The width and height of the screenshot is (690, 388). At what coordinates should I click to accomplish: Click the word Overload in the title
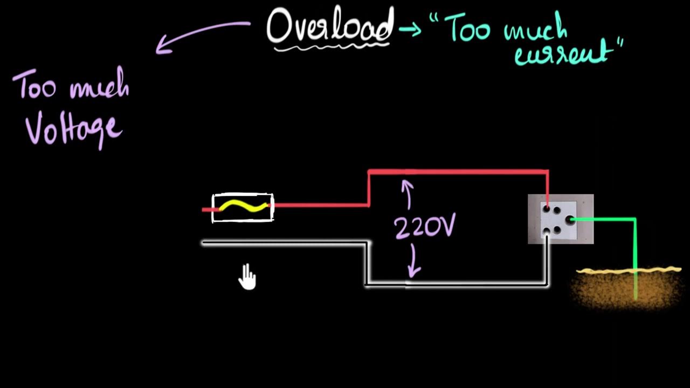click(330, 27)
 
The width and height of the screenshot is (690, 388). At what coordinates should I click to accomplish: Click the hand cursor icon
click(247, 277)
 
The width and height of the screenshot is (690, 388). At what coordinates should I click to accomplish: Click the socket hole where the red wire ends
click(547, 208)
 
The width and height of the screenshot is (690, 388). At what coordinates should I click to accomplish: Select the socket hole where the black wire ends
click(547, 231)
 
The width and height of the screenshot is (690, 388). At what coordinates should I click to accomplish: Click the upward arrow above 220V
click(408, 194)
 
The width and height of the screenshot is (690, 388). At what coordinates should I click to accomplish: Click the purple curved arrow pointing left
click(199, 35)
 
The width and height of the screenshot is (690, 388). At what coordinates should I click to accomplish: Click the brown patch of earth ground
click(625, 291)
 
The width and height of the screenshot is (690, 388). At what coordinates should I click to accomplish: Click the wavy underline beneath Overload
click(330, 48)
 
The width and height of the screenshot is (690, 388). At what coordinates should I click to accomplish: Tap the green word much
click(535, 30)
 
